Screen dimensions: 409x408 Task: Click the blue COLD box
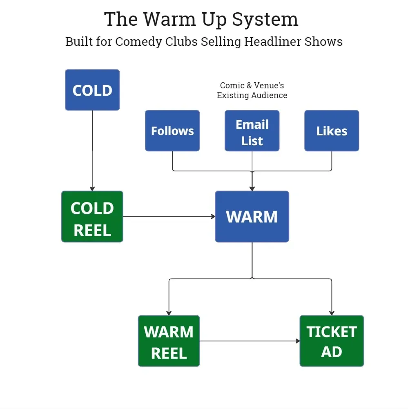(92, 90)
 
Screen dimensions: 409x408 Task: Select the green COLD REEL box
(92, 216)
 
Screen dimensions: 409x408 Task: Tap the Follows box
(172, 131)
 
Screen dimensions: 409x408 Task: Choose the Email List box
(252, 131)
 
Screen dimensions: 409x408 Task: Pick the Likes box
(332, 131)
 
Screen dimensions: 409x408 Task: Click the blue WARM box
(252, 216)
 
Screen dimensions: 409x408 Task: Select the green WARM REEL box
(169, 341)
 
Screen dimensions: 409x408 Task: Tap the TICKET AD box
(332, 341)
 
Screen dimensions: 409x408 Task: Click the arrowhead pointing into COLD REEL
(92, 189)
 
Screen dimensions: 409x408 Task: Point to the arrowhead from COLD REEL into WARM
(213, 216)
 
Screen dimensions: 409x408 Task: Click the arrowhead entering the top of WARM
(252, 189)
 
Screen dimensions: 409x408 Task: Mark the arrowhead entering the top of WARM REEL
(169, 313)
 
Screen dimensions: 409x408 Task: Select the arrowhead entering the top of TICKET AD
(332, 313)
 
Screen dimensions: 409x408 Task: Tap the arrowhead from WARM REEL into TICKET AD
(297, 341)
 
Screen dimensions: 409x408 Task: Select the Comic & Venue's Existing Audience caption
(252, 90)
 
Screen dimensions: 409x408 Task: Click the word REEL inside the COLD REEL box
(92, 230)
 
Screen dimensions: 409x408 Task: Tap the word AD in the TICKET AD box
(332, 352)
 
